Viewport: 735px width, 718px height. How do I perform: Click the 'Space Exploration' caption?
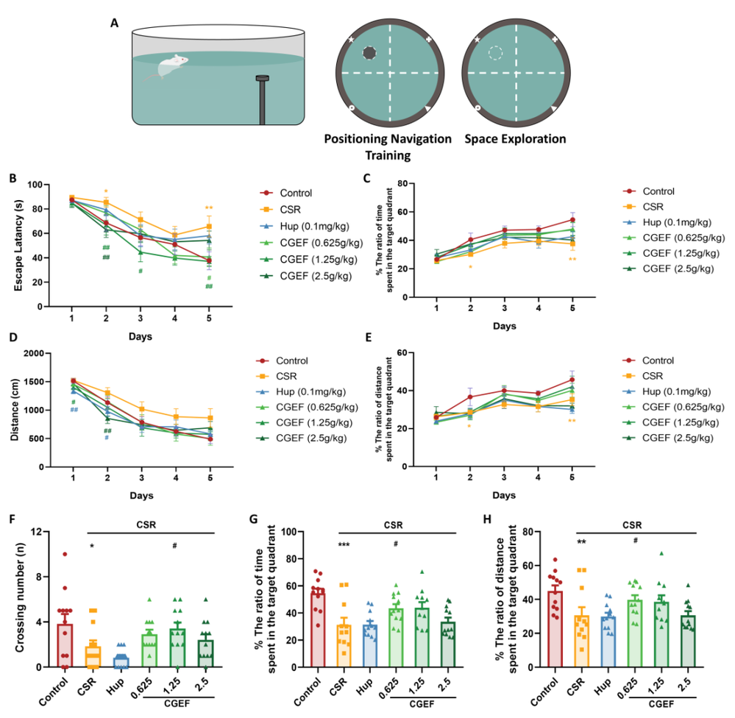point(515,139)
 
